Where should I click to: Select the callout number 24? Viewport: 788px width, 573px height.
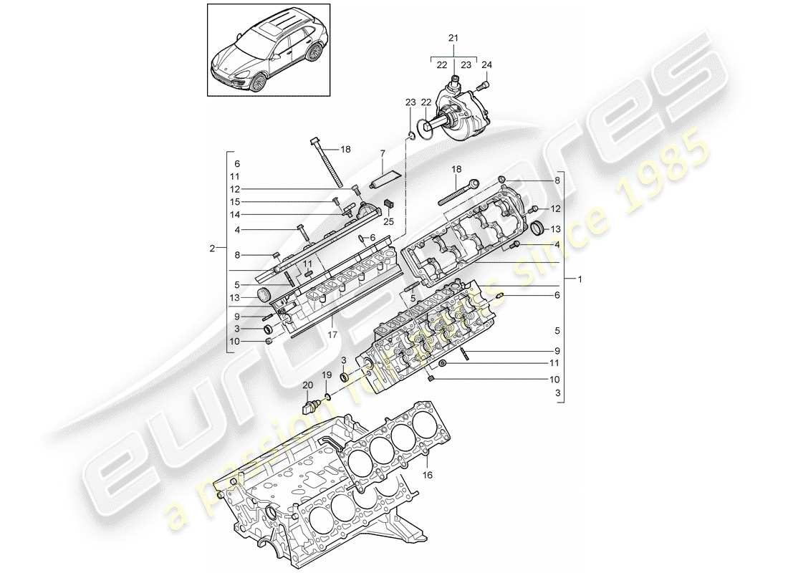(x=488, y=64)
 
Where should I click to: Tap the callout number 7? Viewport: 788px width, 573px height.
(x=383, y=153)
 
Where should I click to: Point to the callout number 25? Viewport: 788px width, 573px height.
(x=389, y=221)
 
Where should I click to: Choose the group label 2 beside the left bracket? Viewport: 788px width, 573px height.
(x=212, y=249)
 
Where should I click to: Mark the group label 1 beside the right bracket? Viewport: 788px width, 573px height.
(x=580, y=278)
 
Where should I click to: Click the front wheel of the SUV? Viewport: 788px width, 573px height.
(x=256, y=80)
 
